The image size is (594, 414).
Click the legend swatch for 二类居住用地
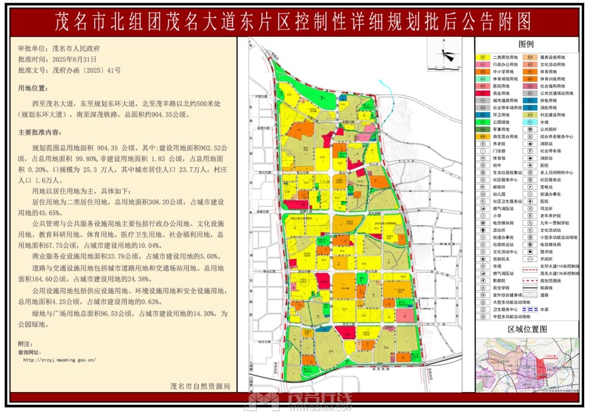(482, 57)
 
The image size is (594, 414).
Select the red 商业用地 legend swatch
(482, 93)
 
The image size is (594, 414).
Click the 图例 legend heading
(526, 44)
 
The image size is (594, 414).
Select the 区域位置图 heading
(527, 329)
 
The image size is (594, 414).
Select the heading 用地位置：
(34, 88)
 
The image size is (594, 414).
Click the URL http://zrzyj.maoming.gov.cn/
(59, 360)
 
